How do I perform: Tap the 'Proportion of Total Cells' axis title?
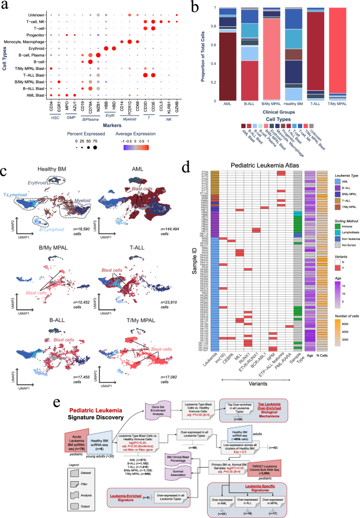(202, 53)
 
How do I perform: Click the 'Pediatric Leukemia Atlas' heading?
(261, 167)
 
